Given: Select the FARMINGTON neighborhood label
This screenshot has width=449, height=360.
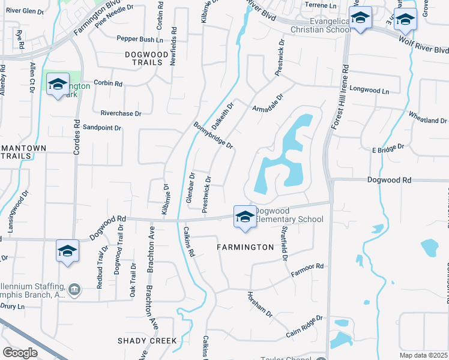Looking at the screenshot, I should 246,247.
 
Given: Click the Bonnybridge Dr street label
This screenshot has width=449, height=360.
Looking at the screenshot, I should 213,136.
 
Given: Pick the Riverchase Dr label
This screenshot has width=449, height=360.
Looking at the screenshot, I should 121,113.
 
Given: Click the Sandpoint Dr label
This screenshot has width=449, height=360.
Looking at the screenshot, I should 102,128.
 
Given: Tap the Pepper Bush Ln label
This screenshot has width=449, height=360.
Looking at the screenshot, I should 140,39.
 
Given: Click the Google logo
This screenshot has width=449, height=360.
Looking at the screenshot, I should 20,352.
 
